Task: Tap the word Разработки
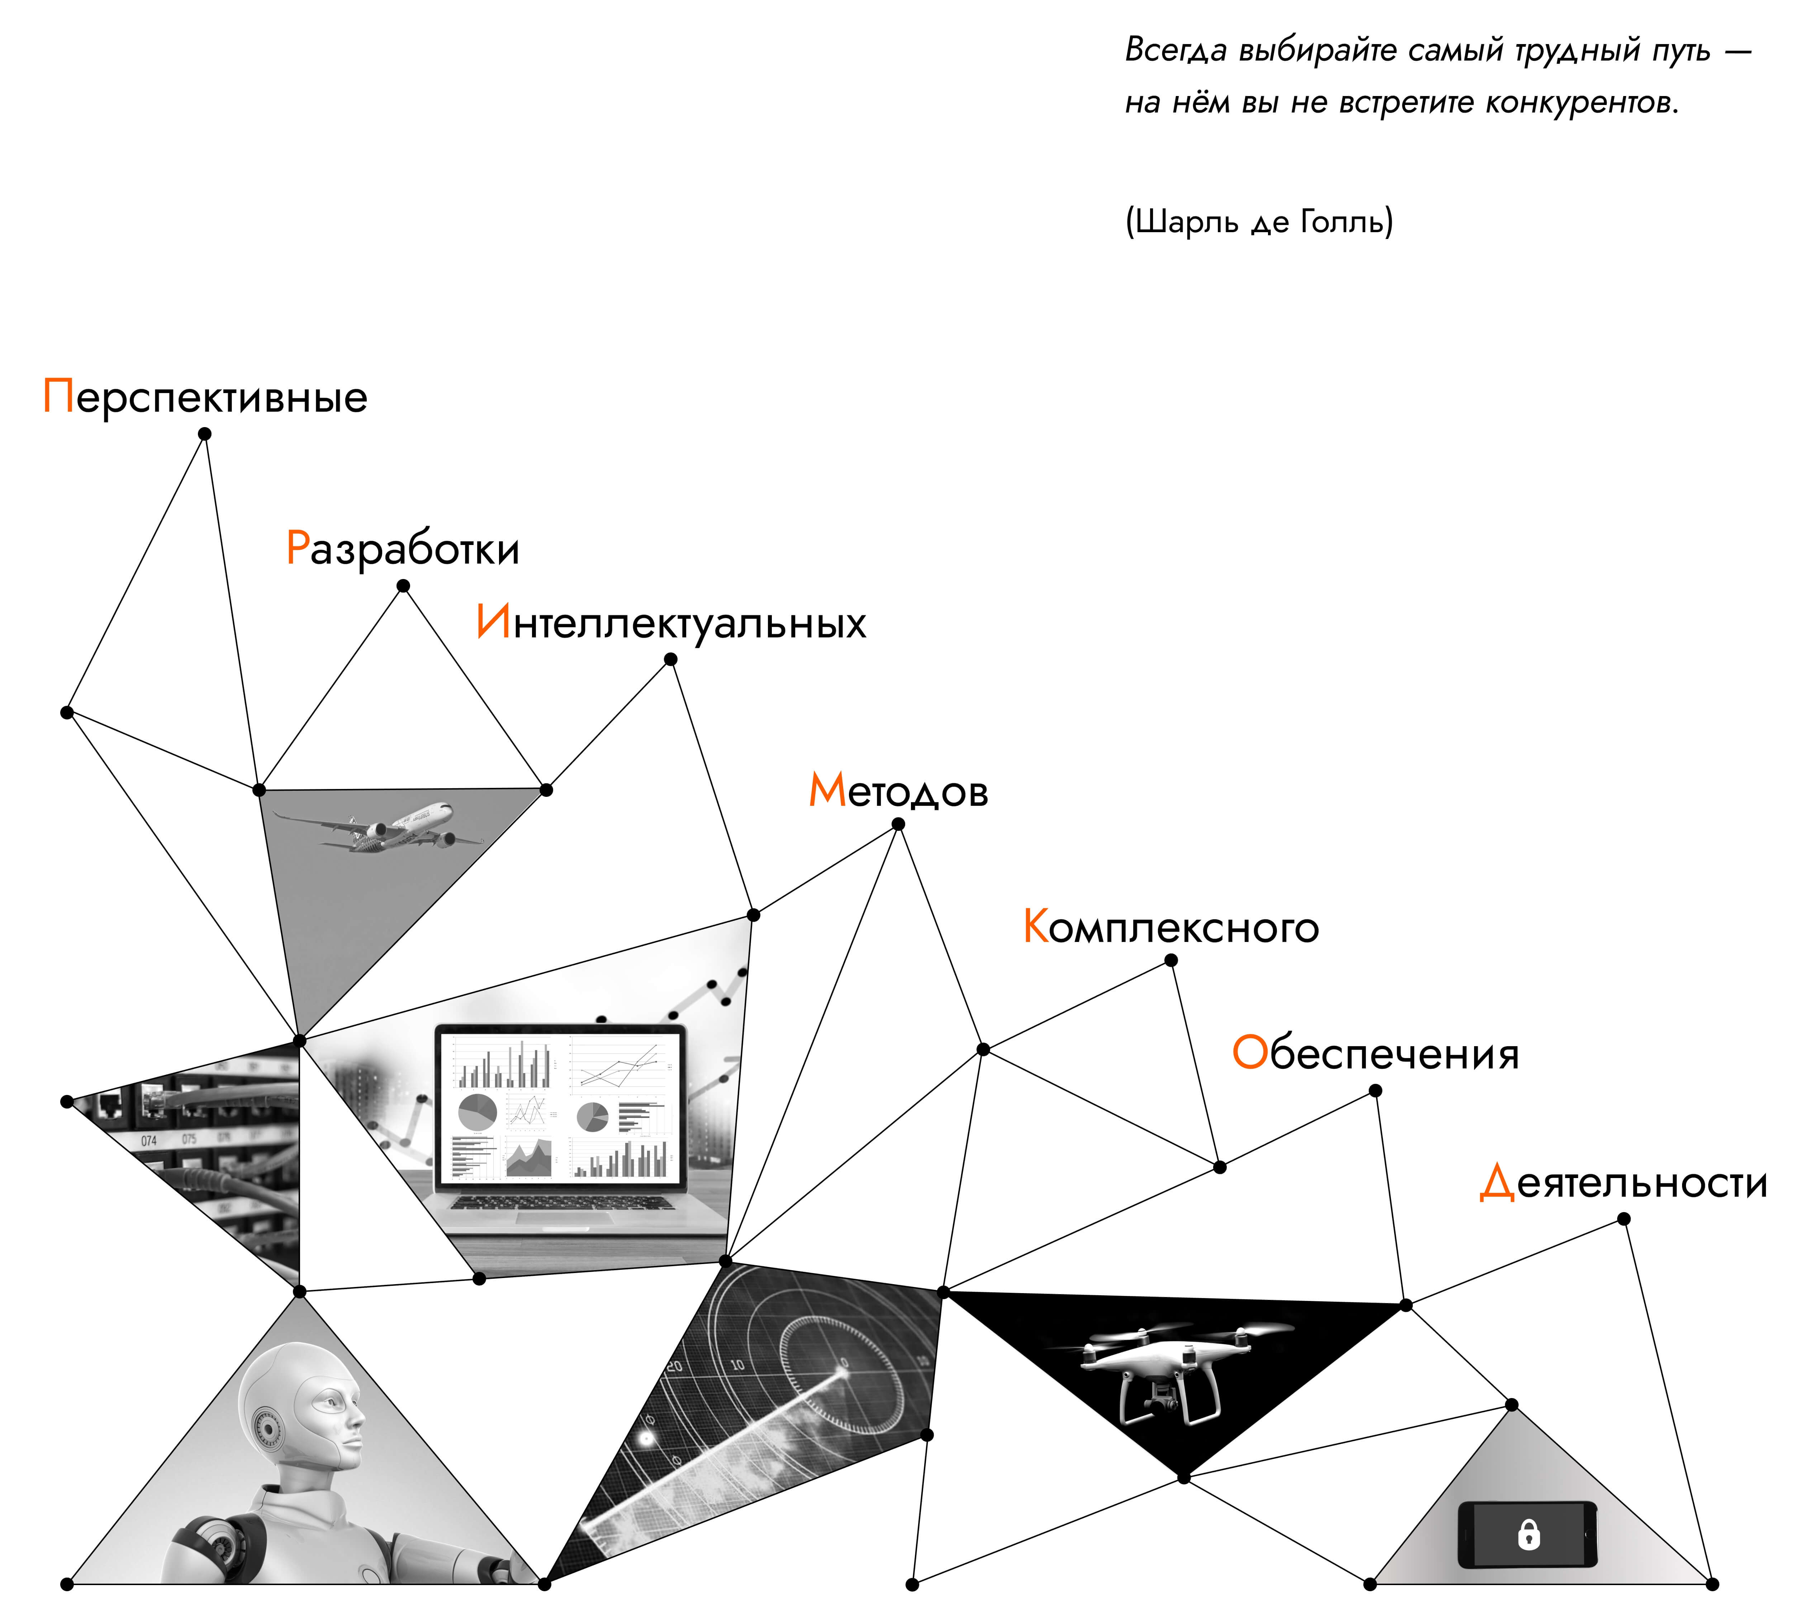point(402,548)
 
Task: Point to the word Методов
point(898,790)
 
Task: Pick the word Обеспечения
point(1375,1053)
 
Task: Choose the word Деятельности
point(1623,1183)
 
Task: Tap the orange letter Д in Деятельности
point(1497,1183)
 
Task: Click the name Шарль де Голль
point(1259,221)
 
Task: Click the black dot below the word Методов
point(898,824)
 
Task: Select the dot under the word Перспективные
point(205,434)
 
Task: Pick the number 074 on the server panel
point(149,1140)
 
